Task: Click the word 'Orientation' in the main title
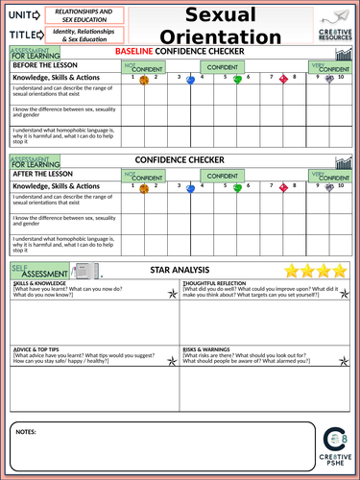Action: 233,36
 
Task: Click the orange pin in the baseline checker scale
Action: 144,81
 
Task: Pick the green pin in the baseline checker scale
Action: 237,81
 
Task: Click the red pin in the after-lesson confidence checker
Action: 283,188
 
